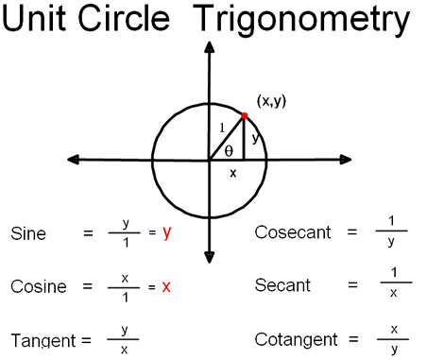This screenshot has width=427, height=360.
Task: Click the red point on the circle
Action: (245, 116)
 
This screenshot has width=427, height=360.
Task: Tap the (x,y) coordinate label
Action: (271, 101)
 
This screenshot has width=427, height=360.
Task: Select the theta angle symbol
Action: (229, 151)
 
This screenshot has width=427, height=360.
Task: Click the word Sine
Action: (28, 233)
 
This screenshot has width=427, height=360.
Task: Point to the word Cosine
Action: (39, 286)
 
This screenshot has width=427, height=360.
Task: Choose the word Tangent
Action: (43, 340)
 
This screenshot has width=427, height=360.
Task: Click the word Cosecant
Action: (293, 232)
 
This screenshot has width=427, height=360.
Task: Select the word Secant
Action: (282, 285)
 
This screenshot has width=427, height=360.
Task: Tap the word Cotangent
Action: (297, 339)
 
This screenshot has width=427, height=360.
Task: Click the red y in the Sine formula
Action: (167, 233)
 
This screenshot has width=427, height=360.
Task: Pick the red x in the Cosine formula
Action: (166, 287)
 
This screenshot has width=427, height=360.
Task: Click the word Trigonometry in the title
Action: (301, 20)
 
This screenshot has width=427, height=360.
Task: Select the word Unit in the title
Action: (34, 18)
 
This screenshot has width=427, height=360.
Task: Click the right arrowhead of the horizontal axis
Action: (346, 160)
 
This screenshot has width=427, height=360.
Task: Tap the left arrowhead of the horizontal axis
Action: (73, 160)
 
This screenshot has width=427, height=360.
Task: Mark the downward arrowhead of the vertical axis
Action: (210, 257)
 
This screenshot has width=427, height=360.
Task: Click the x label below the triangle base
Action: (232, 173)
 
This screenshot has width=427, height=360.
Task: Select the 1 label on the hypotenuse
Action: (222, 128)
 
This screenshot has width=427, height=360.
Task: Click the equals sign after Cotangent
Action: (353, 339)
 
